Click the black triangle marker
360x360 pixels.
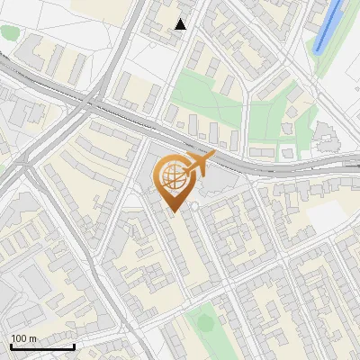point(181,24)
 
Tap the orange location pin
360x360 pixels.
point(174,183)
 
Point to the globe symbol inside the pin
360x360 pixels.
point(173,177)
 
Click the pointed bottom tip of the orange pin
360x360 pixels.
point(174,211)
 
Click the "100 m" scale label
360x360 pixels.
point(24,338)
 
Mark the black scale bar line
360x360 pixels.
point(42,346)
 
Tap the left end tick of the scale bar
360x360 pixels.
point(11,345)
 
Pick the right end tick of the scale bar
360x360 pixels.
point(74,345)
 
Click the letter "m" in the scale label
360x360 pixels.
point(33,338)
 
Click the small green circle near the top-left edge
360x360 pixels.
point(9,33)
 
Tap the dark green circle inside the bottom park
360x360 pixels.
point(205,321)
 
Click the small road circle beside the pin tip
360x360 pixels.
point(193,206)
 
